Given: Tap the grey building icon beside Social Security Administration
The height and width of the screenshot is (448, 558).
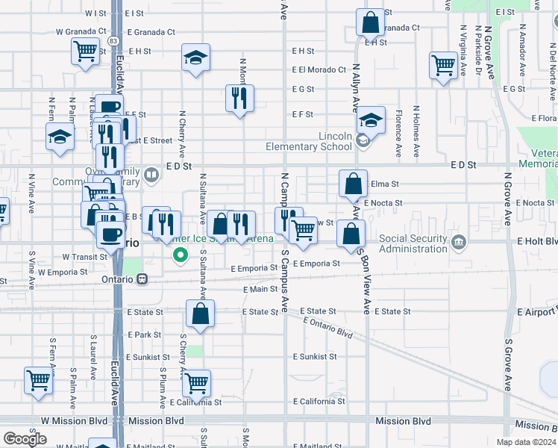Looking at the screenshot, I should click(x=458, y=241).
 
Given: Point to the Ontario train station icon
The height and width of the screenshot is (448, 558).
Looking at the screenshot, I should click(x=142, y=279).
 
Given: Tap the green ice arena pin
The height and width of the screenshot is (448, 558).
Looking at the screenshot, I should click(x=180, y=256).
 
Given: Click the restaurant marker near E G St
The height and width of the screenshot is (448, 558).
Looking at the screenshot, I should click(x=240, y=99).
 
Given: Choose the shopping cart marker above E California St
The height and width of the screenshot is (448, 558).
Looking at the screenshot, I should click(x=196, y=384).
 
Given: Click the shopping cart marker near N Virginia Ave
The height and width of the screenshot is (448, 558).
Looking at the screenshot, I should click(x=444, y=65).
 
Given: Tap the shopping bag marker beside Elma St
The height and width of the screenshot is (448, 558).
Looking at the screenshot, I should click(x=354, y=183).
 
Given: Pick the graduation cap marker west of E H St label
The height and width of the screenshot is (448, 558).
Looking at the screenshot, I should click(x=195, y=58).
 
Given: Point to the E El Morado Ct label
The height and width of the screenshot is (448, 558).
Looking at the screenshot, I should click(x=319, y=69).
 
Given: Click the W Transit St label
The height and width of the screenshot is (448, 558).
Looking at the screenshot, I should click(x=86, y=256).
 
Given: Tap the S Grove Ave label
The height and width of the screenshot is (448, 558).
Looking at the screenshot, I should click(x=507, y=366).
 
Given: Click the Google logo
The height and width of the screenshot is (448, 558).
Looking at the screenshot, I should click(x=25, y=438).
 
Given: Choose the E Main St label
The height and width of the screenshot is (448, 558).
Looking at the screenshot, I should click(x=260, y=289).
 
